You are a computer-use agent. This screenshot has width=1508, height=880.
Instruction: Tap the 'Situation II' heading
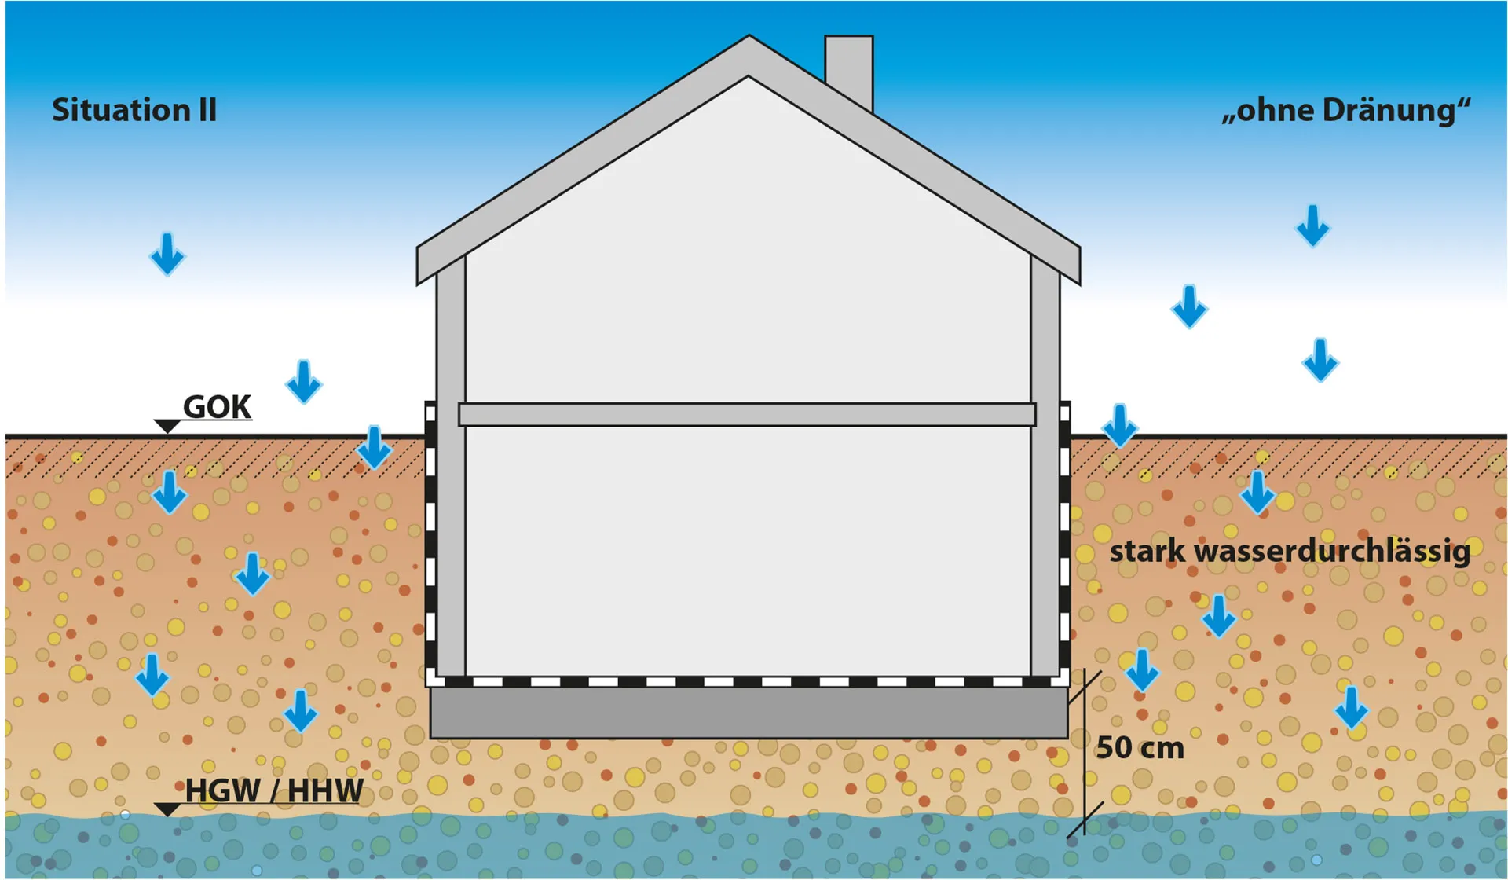(x=134, y=110)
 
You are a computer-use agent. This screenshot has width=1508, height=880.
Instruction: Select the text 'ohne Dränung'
(x=1346, y=110)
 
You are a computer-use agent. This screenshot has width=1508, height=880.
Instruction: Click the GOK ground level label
(x=217, y=407)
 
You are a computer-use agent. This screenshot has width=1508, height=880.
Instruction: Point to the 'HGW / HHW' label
(x=274, y=790)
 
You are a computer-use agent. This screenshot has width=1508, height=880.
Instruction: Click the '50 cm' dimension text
(x=1140, y=747)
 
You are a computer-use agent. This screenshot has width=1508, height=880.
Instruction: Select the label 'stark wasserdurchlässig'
(x=1290, y=552)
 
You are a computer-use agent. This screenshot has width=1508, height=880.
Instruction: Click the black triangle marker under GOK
(x=167, y=426)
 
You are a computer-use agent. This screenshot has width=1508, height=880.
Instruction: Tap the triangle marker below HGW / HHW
(x=167, y=809)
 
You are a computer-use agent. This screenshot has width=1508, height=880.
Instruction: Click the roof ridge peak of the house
(x=749, y=36)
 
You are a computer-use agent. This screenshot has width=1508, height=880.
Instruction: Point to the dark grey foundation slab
(x=749, y=713)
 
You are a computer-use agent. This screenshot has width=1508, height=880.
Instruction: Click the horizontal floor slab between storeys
(x=747, y=414)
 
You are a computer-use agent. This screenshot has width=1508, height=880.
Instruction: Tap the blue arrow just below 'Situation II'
(x=167, y=254)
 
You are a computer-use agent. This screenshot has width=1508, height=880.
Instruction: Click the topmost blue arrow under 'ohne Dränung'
(x=1312, y=226)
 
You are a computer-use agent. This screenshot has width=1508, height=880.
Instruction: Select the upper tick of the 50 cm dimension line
(x=1085, y=687)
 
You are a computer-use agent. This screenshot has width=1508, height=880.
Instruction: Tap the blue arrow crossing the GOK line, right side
(x=1119, y=426)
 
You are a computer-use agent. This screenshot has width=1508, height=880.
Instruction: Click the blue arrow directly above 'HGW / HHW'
(x=300, y=711)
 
